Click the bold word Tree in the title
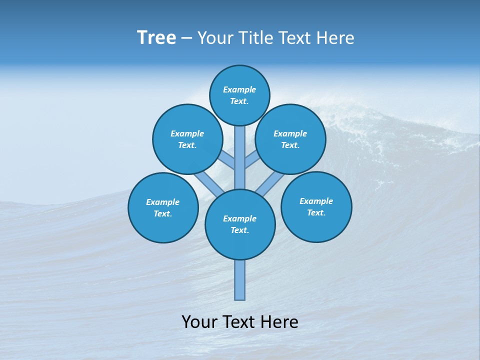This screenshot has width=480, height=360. [156, 38]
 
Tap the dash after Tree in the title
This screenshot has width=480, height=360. [186, 38]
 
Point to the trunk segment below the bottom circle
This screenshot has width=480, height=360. [240, 280]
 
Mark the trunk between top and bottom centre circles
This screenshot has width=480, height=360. [240, 157]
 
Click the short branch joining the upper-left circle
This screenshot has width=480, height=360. [227, 161]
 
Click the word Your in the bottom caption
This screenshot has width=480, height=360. [199, 322]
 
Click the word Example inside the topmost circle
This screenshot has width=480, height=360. [239, 89]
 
